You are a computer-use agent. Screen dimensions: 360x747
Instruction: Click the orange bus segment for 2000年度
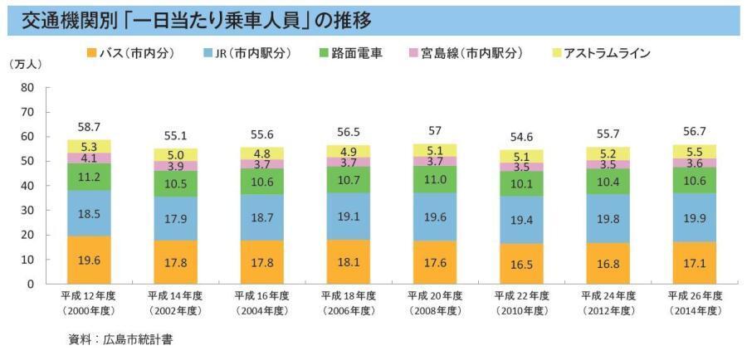pos(90,260)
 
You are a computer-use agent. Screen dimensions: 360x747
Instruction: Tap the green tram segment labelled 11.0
pos(435,179)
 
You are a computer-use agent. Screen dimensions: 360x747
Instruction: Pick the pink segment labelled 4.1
pos(90,158)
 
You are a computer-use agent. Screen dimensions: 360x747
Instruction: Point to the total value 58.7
pos(90,127)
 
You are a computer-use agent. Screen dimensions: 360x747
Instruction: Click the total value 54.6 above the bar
pos(521,137)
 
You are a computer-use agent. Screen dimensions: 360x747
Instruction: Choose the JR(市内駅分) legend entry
pos(247,53)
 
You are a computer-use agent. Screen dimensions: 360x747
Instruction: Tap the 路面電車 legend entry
pos(349,53)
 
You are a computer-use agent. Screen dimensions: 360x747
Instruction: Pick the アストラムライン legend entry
pos(600,53)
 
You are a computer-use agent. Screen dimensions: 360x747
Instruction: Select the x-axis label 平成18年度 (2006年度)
pos(348,303)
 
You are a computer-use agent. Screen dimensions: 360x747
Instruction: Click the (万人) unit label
pos(29,64)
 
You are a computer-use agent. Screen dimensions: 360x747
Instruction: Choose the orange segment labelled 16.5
pos(521,264)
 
